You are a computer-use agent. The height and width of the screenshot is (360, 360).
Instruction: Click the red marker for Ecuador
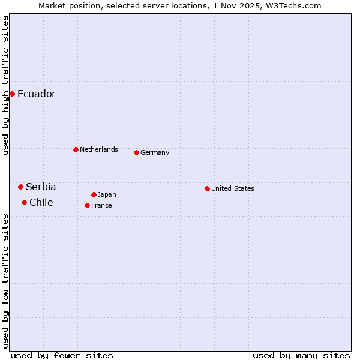[x=12, y=94]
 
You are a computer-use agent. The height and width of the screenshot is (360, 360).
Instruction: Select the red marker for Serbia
[x=20, y=187]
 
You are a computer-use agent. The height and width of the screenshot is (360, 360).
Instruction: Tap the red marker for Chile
[x=24, y=203]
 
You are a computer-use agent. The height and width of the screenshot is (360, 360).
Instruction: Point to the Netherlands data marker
[x=76, y=149]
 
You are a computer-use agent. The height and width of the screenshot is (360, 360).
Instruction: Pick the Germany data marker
[x=136, y=152]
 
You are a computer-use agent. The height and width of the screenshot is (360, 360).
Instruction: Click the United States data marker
[x=207, y=188]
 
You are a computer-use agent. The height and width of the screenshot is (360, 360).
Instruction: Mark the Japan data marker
[x=94, y=194]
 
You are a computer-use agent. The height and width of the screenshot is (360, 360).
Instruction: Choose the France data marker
[x=87, y=205]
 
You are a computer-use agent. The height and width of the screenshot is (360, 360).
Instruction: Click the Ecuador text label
[x=37, y=94]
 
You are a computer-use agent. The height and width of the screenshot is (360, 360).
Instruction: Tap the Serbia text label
[x=41, y=187]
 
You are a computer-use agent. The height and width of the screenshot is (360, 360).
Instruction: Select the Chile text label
[x=41, y=203]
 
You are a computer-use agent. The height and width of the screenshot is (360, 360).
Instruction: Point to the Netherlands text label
[x=99, y=149]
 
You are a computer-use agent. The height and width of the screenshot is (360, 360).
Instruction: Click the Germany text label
[x=155, y=152]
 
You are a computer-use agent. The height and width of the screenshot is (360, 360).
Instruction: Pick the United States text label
[x=233, y=188]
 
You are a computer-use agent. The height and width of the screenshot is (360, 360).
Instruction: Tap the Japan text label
[x=107, y=194]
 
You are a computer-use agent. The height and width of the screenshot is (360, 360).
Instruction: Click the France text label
[x=101, y=205]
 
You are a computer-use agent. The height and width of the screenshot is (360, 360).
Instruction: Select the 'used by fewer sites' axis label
[x=62, y=355]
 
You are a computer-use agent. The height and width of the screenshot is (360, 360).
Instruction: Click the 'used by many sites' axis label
[x=301, y=355]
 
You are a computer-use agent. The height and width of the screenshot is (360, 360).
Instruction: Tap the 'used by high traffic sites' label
[x=5, y=86]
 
